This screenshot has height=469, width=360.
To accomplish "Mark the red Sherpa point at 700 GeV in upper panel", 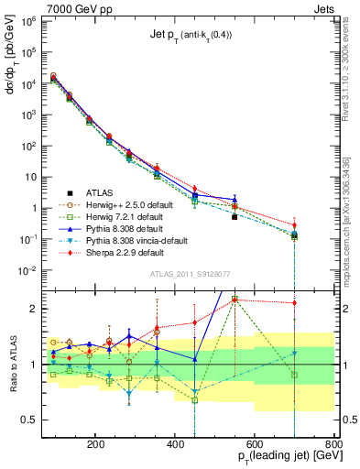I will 294,225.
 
